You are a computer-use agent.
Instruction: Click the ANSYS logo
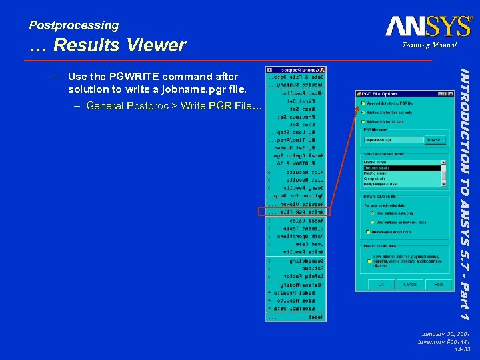pos(428,27)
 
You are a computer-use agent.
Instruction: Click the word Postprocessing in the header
pos(74,25)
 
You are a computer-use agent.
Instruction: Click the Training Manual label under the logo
pos(429,45)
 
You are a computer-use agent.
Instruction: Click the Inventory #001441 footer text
pos(445,341)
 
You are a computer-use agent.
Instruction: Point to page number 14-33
pos(463,349)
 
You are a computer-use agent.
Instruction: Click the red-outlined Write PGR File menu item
pos(293,211)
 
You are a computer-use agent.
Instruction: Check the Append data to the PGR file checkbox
pos(363,103)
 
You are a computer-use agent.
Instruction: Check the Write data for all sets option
pos(363,122)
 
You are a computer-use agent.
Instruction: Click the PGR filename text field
pos(393,140)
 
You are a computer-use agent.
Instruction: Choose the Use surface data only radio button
pos(371,213)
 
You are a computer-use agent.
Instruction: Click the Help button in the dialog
pos(438,284)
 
